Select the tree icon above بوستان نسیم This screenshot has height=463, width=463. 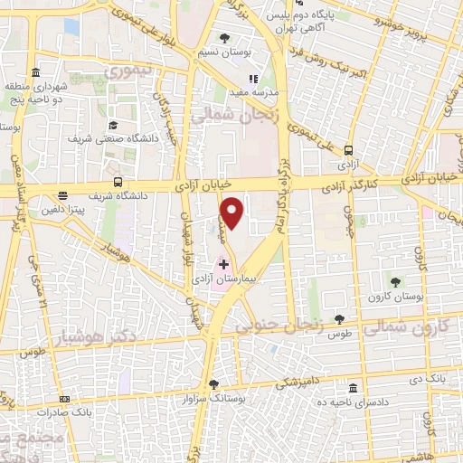click(224, 38)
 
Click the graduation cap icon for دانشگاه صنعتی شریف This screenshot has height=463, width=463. click(113, 125)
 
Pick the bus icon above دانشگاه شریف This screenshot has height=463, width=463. click(119, 182)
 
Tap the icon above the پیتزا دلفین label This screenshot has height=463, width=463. click(62, 195)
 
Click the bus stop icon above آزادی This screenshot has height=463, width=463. click(348, 152)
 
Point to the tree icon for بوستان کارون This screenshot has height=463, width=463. click(394, 283)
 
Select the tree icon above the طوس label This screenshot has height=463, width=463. click(339, 318)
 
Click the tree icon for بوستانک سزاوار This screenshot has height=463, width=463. click(213, 383)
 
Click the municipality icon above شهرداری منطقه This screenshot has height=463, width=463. click(34, 72)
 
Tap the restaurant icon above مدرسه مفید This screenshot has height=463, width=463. click(255, 79)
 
